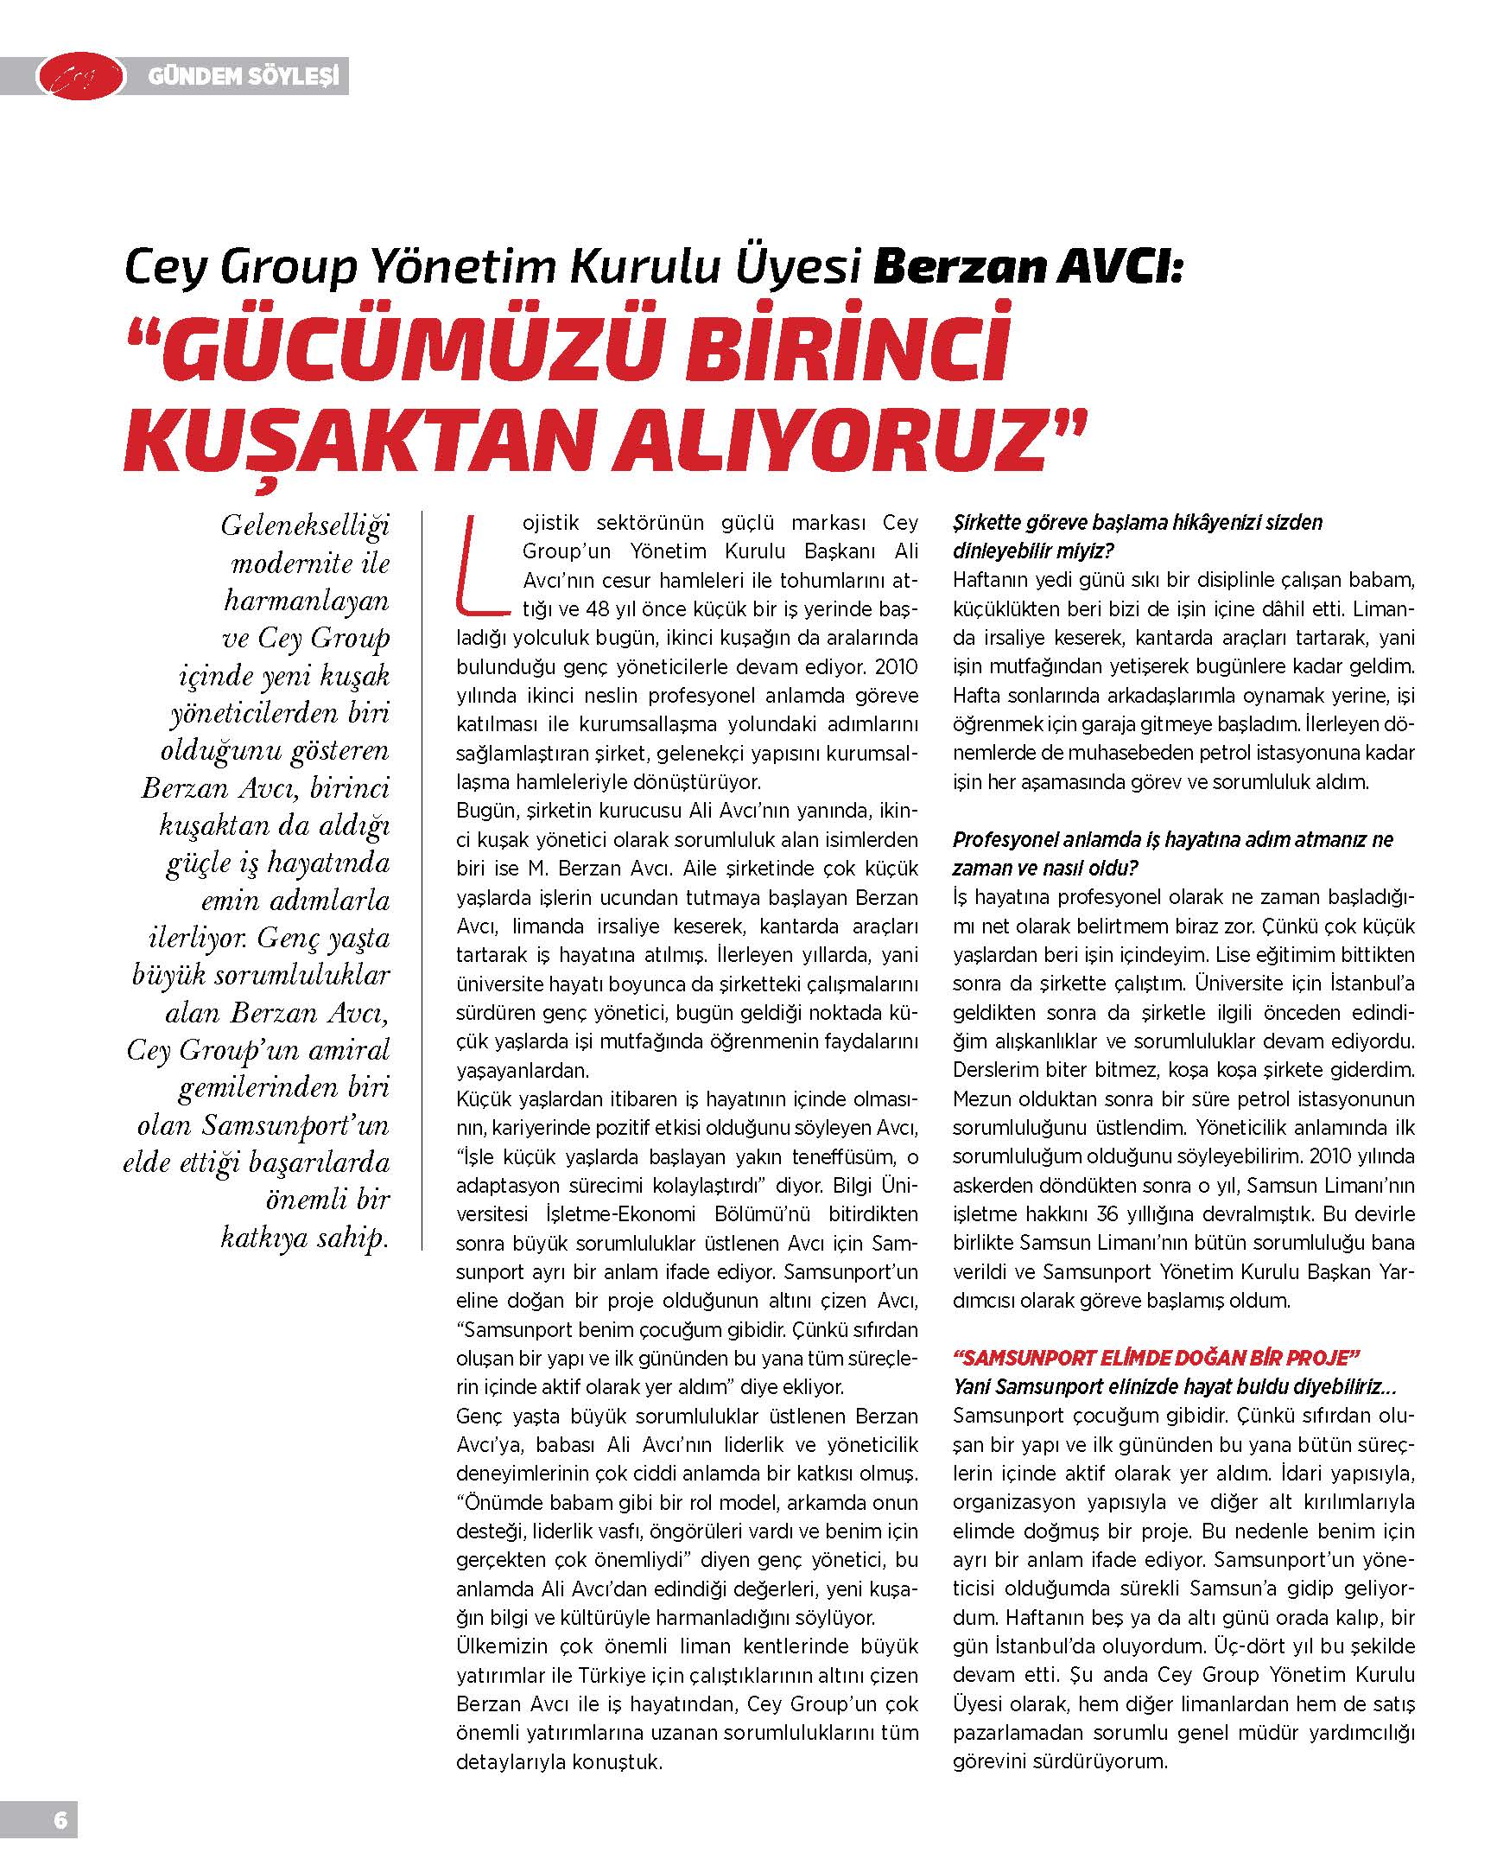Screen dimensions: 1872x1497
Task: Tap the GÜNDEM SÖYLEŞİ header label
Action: click(x=242, y=77)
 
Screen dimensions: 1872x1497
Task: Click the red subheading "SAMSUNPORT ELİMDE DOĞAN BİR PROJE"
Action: click(x=1155, y=1357)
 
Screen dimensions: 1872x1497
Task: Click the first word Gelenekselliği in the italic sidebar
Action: click(x=306, y=526)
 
